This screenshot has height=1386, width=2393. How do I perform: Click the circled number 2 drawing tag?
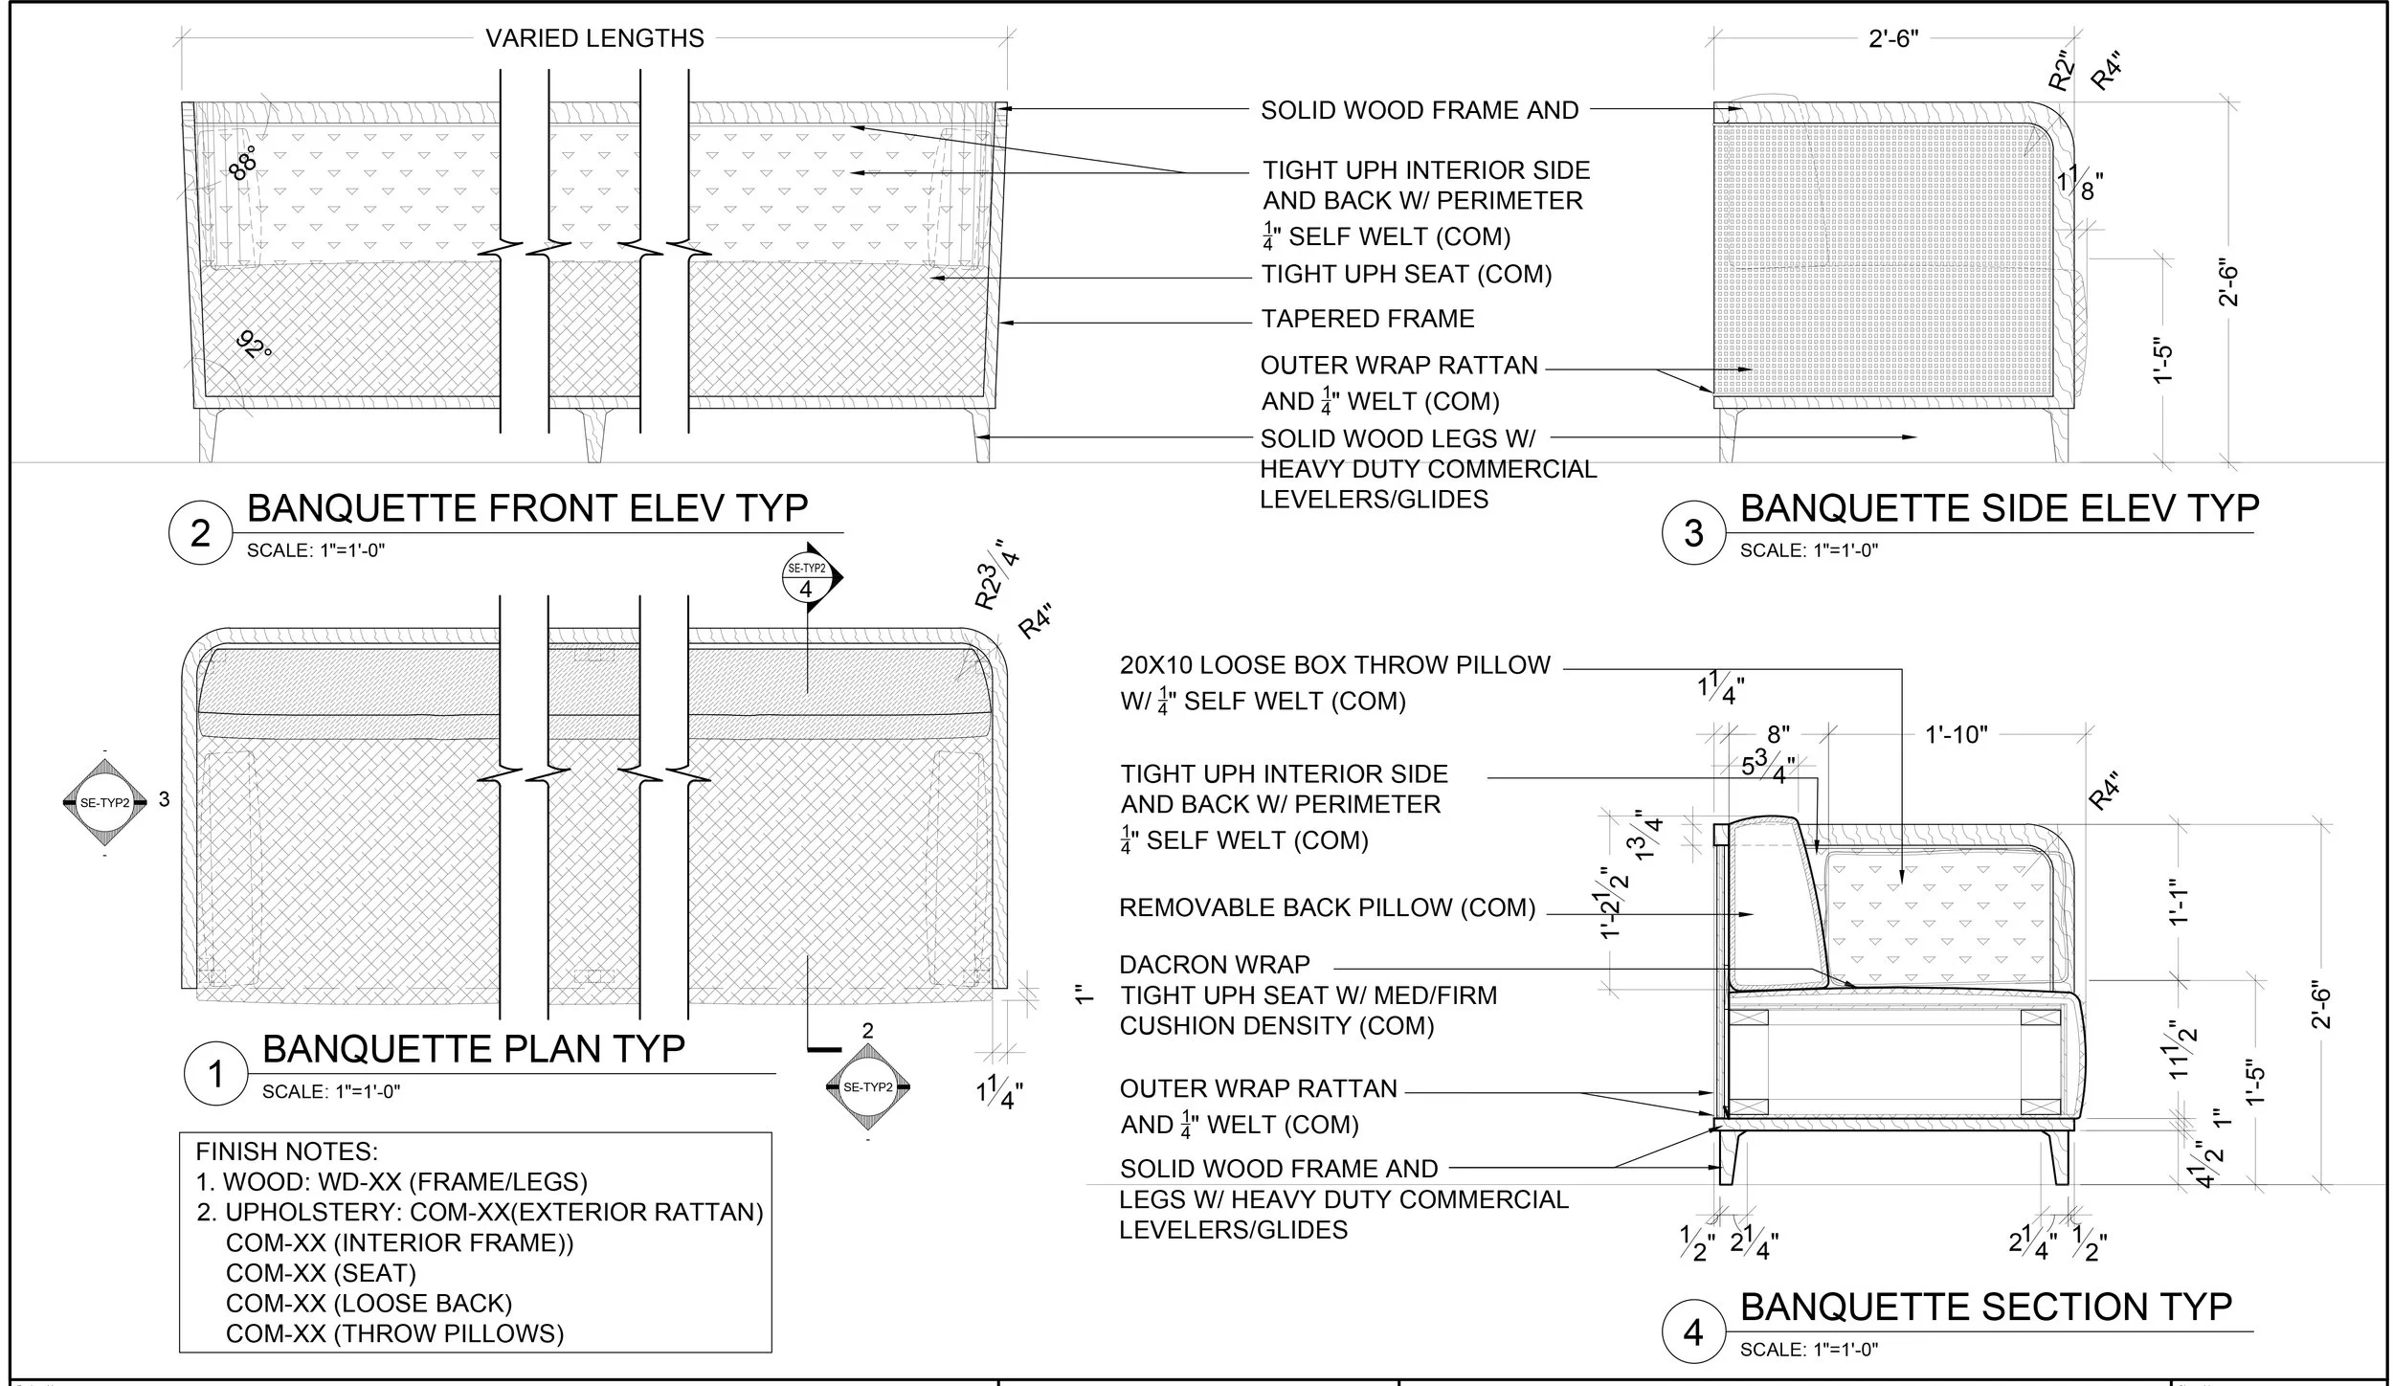(199, 532)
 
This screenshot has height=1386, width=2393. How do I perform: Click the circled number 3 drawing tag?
(1693, 532)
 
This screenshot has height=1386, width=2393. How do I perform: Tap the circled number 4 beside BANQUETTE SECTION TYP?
(1693, 1332)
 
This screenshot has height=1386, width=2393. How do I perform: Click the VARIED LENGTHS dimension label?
(594, 38)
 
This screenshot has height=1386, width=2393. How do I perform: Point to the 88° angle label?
(243, 164)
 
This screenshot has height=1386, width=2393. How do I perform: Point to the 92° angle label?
(255, 345)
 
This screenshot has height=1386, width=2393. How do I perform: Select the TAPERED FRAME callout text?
(1367, 319)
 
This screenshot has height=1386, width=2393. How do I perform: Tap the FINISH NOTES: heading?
(287, 1151)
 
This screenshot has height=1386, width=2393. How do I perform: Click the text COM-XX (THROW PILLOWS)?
(394, 1333)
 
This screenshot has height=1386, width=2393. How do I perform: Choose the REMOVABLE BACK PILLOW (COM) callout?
(1327, 907)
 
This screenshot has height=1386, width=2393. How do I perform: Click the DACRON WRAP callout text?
(1215, 964)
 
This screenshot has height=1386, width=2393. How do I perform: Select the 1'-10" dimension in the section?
(1956, 735)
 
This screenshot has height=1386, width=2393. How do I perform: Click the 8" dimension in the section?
(1778, 735)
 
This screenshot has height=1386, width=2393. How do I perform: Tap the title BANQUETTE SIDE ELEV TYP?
(1999, 508)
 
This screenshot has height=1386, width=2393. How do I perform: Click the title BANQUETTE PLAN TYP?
(473, 1049)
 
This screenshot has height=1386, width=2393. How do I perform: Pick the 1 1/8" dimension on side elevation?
(2078, 185)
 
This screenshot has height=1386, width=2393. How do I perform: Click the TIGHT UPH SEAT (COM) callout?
(1405, 275)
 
